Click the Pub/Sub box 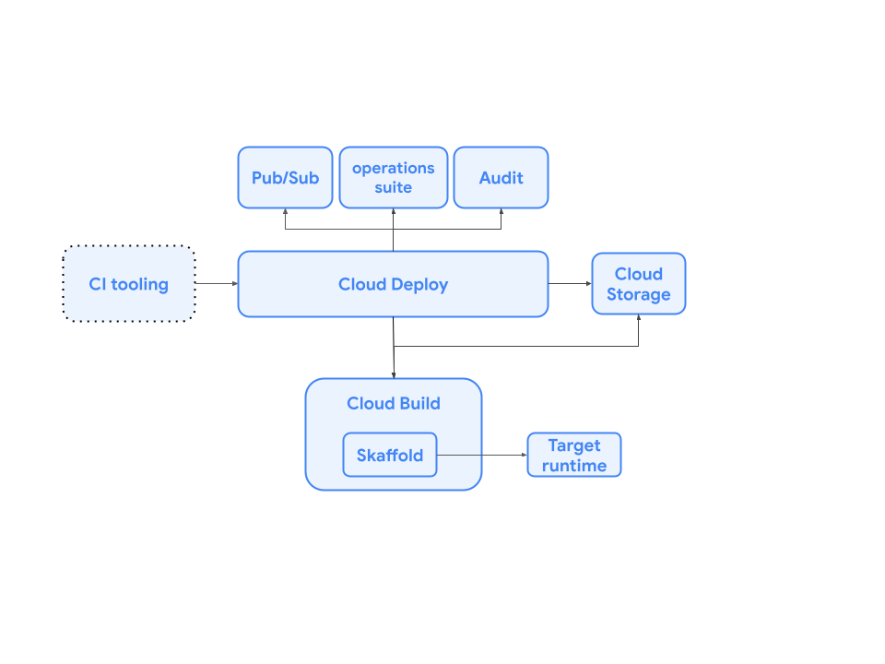pos(285,177)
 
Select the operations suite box pos(394,177)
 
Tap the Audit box pos(501,177)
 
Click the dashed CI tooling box pos(129,284)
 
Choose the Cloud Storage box pos(638,284)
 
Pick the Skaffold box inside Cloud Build pos(390,455)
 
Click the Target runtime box pos(573,455)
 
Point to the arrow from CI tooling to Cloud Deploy pos(216,284)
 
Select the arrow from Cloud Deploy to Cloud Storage pos(570,284)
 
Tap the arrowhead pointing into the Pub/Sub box pos(285,212)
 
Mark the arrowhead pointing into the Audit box pos(501,212)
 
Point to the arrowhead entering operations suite pos(394,212)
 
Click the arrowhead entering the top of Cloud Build pos(394,374)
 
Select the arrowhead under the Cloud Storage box pos(638,319)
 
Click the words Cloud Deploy pos(393,284)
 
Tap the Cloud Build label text pos(394,403)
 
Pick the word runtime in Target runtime pos(573,466)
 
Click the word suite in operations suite pos(394,187)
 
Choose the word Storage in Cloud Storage pos(638,295)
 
